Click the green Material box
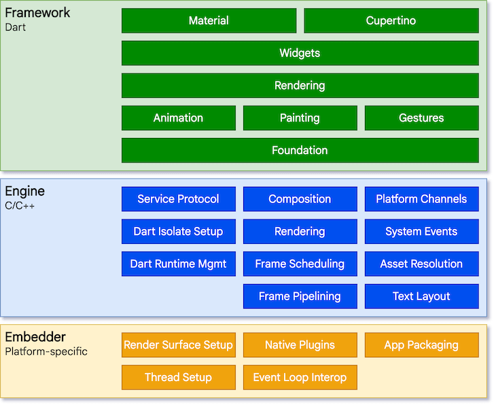tap(209, 20)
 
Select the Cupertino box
tap(391, 20)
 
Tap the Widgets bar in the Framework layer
tap(300, 53)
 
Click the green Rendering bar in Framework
tap(300, 86)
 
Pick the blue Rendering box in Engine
tap(300, 232)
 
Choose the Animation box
tap(179, 118)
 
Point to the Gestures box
tap(421, 118)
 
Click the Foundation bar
tap(300, 150)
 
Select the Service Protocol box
tap(179, 199)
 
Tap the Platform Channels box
tap(421, 199)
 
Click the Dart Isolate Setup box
tap(179, 232)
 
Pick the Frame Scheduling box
tap(300, 264)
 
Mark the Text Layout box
tap(421, 296)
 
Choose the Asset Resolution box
tap(421, 264)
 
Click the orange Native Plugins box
tap(300, 345)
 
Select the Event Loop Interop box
tap(300, 377)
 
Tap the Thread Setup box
tap(179, 377)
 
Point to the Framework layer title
tap(37, 13)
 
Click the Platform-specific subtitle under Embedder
tap(46, 351)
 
